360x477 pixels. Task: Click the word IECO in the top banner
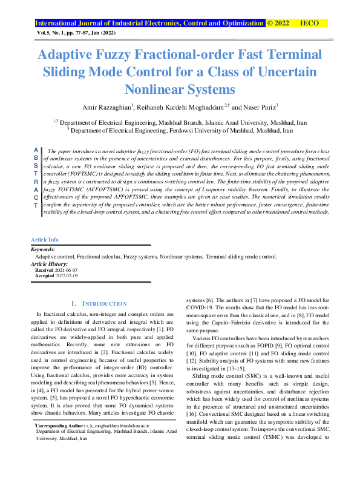pyautogui.click(x=310, y=24)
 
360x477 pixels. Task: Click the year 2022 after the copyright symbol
pyautogui.click(x=282, y=24)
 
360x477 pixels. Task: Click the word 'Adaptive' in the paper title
pyautogui.click(x=68, y=54)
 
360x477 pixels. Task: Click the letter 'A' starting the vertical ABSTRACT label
pyautogui.click(x=36, y=149)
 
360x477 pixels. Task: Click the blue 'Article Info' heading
pyautogui.click(x=45, y=257)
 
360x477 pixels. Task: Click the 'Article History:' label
pyautogui.click(x=50, y=281)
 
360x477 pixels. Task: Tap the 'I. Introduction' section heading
pyautogui.click(x=99, y=303)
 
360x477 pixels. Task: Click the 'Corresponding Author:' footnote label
pyautogui.click(x=58, y=443)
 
